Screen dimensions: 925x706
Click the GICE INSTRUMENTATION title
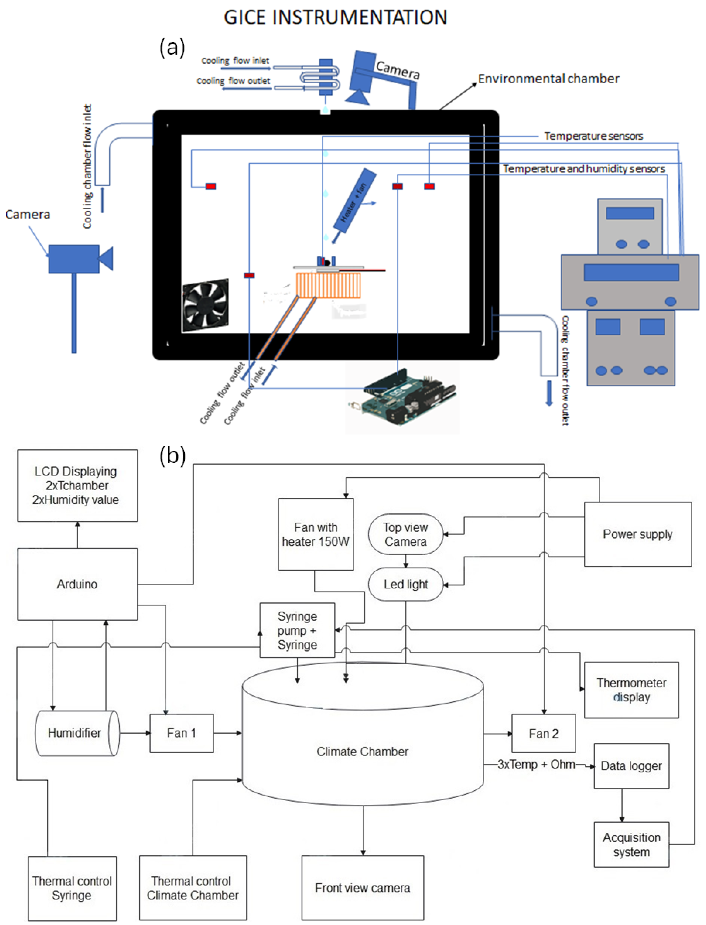tap(335, 18)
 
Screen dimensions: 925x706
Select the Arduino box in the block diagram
tap(77, 584)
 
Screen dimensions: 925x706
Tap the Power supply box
tap(637, 534)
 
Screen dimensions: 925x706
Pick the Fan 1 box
tap(182, 733)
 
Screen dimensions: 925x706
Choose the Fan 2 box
tap(543, 734)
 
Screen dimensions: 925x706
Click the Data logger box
tap(631, 766)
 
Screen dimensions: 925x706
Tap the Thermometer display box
tap(631, 690)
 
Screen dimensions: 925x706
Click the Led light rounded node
tap(406, 584)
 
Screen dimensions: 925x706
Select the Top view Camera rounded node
tap(406, 534)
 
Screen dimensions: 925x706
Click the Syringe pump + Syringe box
tap(297, 630)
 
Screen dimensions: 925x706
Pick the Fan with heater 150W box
tap(316, 534)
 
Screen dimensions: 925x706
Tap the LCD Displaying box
tap(77, 485)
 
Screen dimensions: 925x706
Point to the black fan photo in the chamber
tap(206, 304)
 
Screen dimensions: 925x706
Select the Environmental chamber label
tap(548, 79)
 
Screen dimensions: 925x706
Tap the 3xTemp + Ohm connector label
tap(536, 764)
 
